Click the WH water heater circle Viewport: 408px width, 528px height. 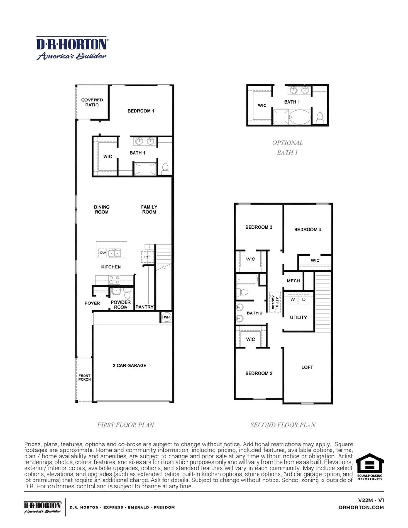pos(167,317)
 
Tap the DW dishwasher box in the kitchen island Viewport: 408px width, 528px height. pos(103,253)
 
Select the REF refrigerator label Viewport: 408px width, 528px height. pos(147,257)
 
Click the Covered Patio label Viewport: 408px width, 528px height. pos(92,102)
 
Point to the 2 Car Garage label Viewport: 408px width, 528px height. pos(129,365)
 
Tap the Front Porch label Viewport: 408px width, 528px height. pos(84,378)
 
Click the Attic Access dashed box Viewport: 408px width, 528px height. pos(275,302)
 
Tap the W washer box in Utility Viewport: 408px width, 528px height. pos(292,300)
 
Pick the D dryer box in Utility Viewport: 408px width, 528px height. pos(304,300)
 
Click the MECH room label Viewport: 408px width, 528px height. pos(293,281)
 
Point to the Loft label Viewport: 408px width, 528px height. pos(307,367)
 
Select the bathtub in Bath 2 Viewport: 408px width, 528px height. pos(247,280)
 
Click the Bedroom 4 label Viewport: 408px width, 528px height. pos(307,229)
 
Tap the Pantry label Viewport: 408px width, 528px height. pos(144,307)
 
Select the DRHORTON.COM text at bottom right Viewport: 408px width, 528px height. pos(361,507)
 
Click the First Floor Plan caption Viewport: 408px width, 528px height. pos(126,425)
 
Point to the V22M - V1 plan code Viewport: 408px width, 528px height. pos(371,500)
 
